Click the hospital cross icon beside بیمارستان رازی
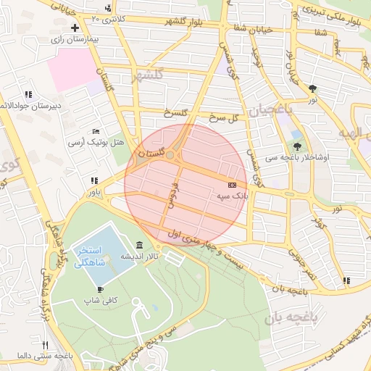click(x=75, y=28)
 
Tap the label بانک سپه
click(x=232, y=196)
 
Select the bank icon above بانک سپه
click(x=231, y=185)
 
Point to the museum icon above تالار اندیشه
click(x=139, y=246)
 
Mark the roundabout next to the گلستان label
click(x=170, y=155)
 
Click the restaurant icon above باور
click(x=93, y=181)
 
